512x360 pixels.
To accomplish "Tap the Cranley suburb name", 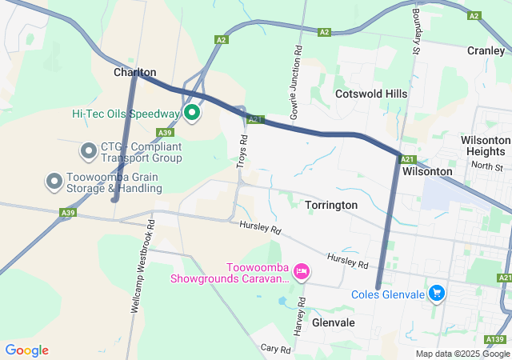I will click(486, 50).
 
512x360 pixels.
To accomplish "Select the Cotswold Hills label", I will click(371, 94).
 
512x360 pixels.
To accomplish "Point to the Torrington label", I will click(331, 206).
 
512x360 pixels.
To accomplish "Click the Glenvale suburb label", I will click(334, 322).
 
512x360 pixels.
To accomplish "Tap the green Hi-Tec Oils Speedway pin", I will click(192, 113).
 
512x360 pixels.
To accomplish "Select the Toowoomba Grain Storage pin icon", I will click(54, 181).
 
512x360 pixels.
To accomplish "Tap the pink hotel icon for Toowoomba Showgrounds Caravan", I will click(301, 272).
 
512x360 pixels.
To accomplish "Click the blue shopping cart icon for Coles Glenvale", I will click(436, 294).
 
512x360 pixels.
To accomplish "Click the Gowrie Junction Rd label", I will click(297, 79).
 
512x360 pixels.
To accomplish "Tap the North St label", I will click(486, 166).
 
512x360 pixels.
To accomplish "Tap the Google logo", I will click(27, 350).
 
